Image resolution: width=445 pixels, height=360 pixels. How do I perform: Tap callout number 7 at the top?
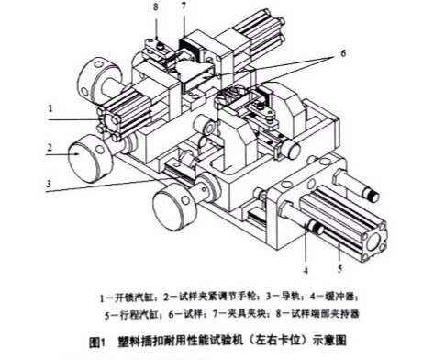pyautogui.click(x=185, y=8)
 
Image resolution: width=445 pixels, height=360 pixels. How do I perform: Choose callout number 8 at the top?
pyautogui.click(x=156, y=8)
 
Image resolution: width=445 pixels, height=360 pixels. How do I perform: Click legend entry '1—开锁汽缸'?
pyautogui.click(x=133, y=298)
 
